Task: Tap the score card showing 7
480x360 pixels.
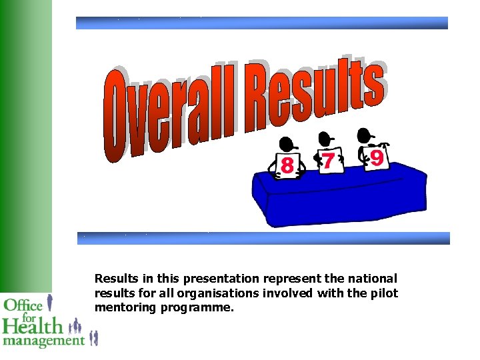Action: coord(329,161)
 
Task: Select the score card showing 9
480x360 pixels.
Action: coord(376,158)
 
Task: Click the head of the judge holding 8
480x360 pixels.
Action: coord(288,144)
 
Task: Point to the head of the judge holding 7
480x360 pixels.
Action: coord(325,138)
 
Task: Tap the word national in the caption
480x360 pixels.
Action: coord(374,279)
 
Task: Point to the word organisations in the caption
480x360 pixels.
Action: coord(227,293)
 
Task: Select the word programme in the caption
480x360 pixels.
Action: coord(197,308)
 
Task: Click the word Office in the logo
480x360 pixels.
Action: coord(23,306)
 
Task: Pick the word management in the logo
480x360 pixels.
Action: coord(43,341)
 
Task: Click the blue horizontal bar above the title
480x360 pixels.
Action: coord(261,23)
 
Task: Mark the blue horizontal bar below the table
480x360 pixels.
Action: coord(263,238)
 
